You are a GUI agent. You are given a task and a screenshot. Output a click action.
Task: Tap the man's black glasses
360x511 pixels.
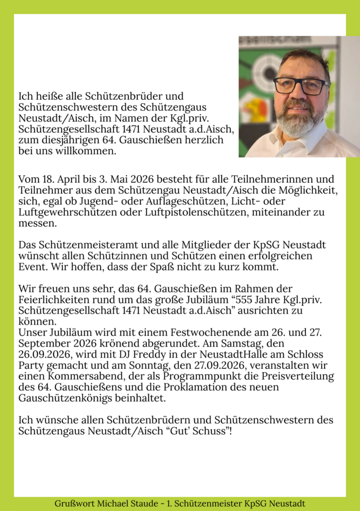click(x=300, y=85)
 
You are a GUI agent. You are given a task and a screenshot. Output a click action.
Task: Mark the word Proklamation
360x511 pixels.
click(x=211, y=387)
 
